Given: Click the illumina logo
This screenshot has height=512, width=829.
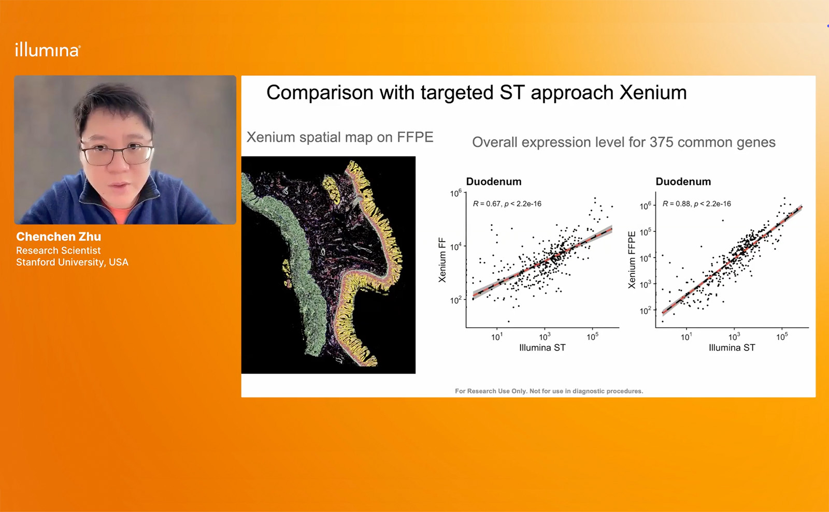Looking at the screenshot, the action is [48, 50].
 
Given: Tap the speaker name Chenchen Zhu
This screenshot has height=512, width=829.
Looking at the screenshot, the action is [59, 237].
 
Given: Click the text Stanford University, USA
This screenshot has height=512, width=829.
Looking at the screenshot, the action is [72, 262].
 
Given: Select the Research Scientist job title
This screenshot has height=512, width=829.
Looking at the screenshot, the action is [58, 250].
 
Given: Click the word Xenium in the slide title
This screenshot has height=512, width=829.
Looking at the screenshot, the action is [653, 93].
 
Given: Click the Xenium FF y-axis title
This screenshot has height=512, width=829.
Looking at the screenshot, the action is [442, 260].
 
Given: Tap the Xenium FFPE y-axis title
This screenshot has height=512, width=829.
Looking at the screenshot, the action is [632, 260].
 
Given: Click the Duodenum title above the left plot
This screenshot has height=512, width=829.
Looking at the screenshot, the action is [494, 182].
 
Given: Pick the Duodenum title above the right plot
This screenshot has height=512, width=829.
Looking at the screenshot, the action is [683, 182].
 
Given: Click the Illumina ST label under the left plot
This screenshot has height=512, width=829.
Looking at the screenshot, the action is [542, 347].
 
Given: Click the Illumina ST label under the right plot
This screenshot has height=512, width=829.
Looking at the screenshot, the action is [732, 347].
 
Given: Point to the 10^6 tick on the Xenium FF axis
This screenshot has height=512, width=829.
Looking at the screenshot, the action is [456, 193].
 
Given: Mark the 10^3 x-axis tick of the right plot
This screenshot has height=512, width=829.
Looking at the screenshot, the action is [734, 337].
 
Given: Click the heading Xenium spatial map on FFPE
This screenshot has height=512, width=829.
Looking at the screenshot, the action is [340, 138].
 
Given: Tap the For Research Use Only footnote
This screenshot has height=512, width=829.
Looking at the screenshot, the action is [549, 391].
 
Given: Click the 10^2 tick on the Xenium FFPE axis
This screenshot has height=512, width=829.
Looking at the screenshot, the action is [646, 311].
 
